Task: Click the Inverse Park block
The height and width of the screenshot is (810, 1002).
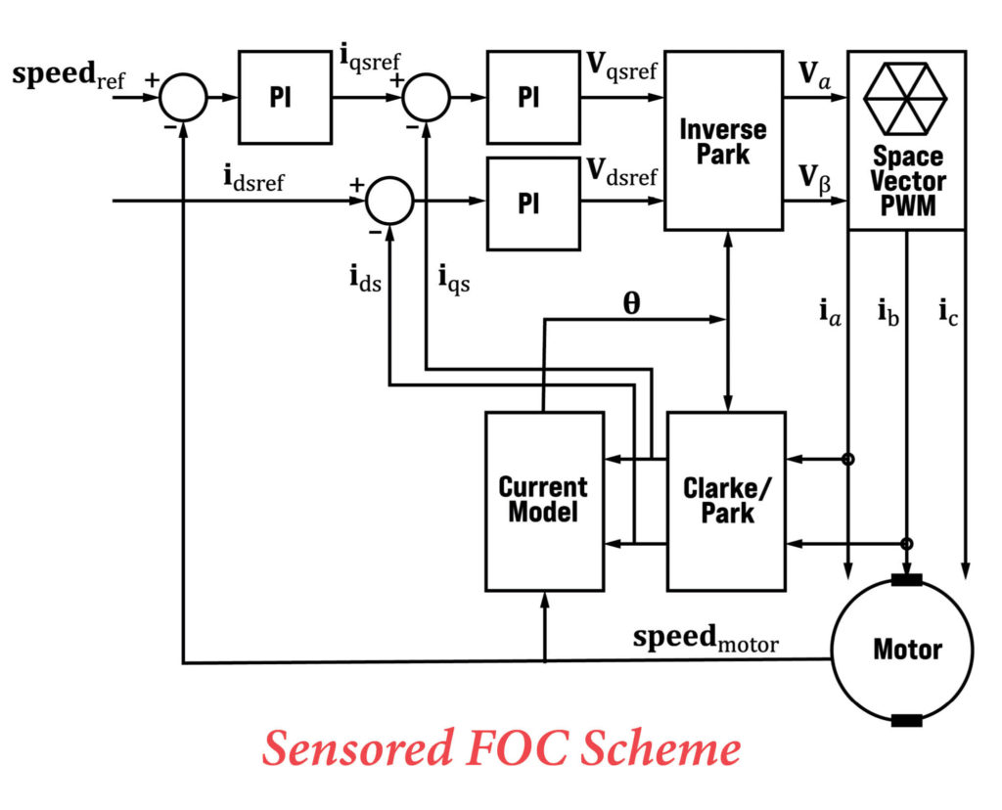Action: click(723, 141)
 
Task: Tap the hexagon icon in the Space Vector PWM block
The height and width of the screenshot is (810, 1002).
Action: click(906, 99)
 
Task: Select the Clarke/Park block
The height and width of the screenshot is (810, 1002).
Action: click(726, 501)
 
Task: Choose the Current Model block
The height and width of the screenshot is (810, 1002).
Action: click(544, 501)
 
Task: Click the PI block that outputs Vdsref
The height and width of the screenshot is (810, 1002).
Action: click(528, 201)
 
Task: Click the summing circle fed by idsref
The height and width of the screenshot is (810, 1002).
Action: click(389, 202)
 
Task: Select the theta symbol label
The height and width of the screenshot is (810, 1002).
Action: click(632, 303)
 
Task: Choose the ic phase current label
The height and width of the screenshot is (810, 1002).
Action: click(947, 313)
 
